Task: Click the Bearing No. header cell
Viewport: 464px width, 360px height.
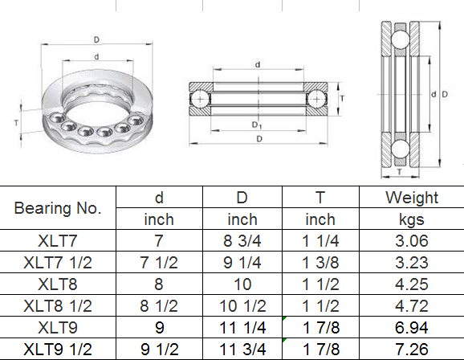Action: click(x=58, y=208)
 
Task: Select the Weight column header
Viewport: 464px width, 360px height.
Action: click(x=412, y=198)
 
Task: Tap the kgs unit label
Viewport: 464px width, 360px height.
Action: click(x=412, y=219)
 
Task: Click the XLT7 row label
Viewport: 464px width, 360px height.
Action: click(x=58, y=240)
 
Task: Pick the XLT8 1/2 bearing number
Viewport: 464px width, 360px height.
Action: click(x=58, y=306)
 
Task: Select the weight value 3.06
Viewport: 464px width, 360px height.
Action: click(x=412, y=240)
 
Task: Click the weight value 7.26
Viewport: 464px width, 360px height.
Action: click(x=412, y=349)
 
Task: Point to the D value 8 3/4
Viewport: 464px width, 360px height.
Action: click(x=242, y=240)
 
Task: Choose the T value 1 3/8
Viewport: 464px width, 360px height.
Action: click(x=320, y=263)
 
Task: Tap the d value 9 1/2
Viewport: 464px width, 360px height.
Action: click(x=160, y=349)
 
